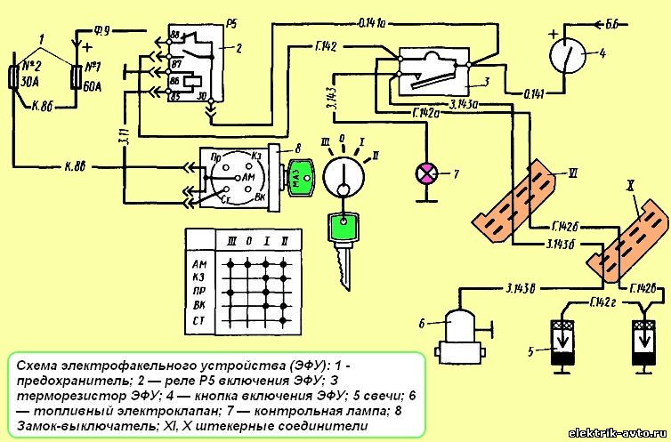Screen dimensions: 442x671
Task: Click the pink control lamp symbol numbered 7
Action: pos(428,173)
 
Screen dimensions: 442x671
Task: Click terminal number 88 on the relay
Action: pos(174,35)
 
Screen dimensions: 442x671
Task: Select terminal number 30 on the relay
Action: pos(202,95)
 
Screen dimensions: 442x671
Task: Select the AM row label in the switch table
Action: pos(198,264)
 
